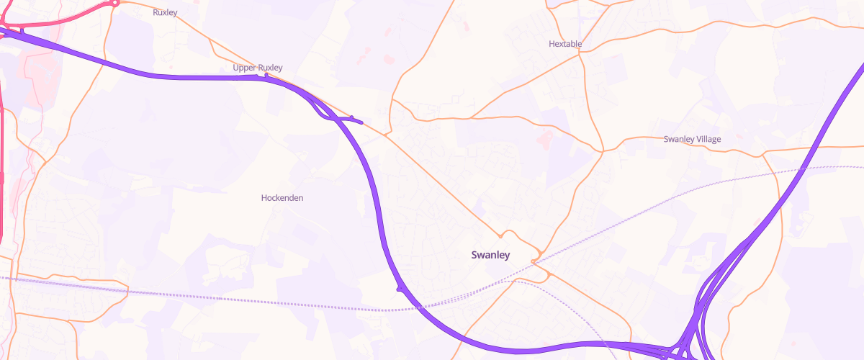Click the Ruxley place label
click(165, 12)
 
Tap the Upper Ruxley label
click(258, 68)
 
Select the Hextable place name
click(565, 44)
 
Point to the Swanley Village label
click(692, 139)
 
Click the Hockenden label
click(282, 197)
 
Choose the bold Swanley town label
click(490, 255)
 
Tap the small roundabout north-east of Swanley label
click(535, 260)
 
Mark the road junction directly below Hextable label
click(581, 55)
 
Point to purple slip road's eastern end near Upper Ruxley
click(360, 122)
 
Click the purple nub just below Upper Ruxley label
click(266, 75)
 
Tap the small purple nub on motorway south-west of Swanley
click(399, 289)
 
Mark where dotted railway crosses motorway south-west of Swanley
click(417, 307)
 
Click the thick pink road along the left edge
click(2, 180)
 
